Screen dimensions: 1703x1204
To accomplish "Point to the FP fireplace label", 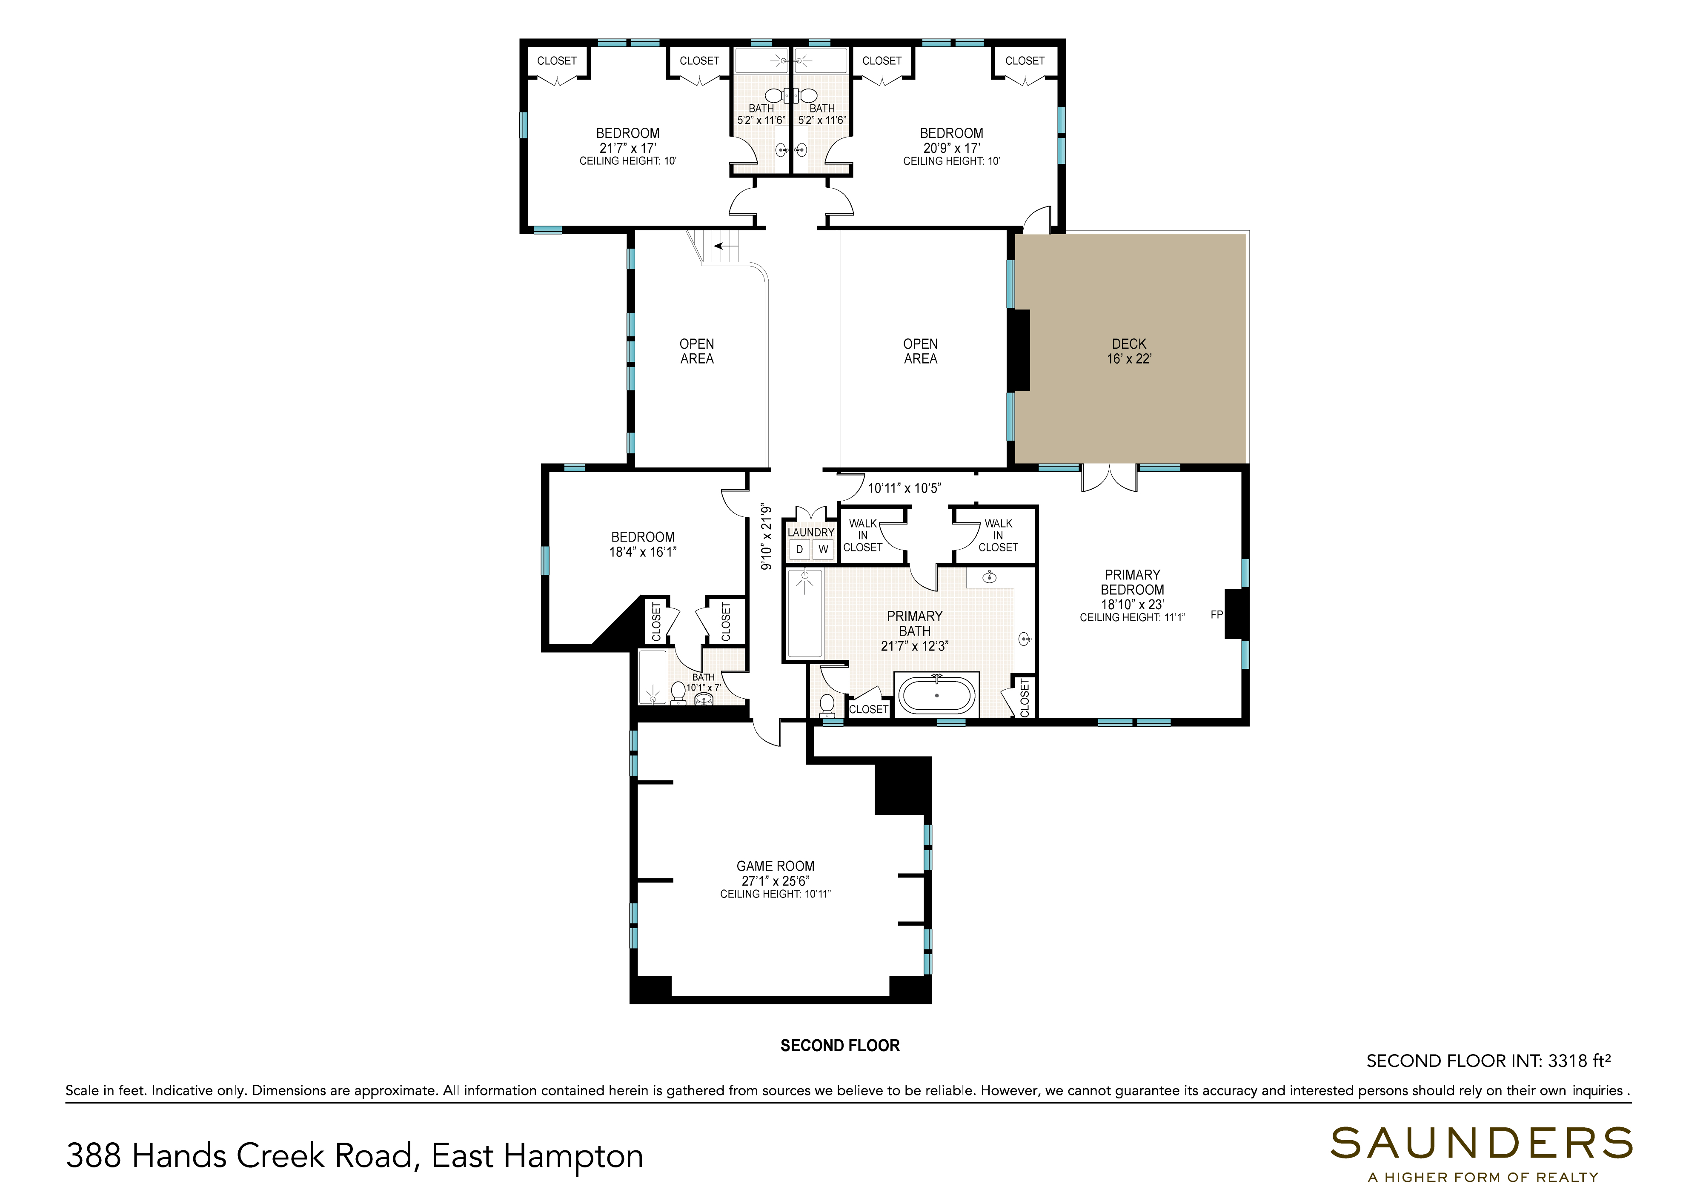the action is click(x=1216, y=614).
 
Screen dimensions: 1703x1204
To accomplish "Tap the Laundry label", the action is click(x=811, y=532).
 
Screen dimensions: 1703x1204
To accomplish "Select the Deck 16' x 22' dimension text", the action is click(x=1129, y=358).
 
